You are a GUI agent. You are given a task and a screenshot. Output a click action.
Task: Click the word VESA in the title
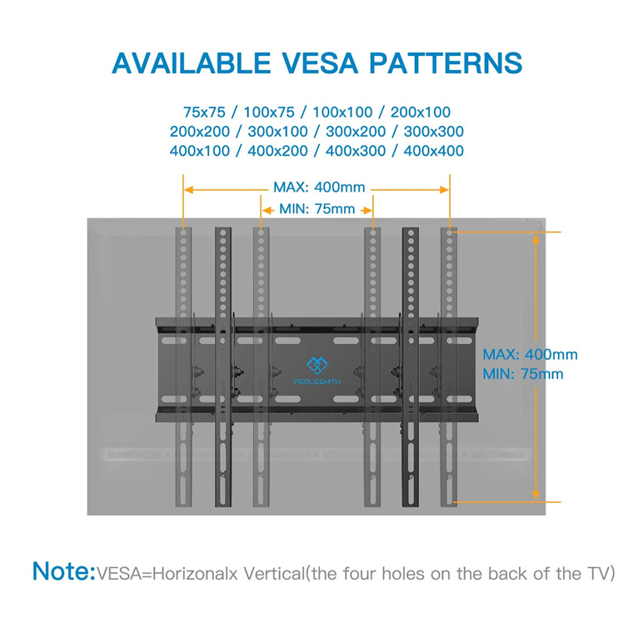[x=320, y=63]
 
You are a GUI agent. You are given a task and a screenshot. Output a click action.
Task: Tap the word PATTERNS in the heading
[x=446, y=63]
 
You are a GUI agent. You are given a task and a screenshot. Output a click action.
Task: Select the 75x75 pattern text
[x=204, y=112]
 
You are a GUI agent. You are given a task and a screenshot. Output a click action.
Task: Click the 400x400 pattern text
[x=434, y=151]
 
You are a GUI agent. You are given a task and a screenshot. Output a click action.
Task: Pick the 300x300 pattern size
[x=434, y=132]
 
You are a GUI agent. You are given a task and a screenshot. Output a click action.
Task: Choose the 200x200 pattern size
[x=200, y=132]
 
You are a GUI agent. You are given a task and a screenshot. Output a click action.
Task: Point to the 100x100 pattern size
[x=342, y=112]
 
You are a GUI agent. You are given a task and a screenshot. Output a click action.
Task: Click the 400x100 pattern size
[x=200, y=151]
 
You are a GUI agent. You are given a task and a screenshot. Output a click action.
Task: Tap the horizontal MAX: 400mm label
[x=319, y=187]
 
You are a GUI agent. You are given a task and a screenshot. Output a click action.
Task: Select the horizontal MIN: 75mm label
[x=317, y=209]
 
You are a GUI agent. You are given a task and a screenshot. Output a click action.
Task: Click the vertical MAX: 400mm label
[x=530, y=355]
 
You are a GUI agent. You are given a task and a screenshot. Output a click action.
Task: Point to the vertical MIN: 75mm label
[x=523, y=374]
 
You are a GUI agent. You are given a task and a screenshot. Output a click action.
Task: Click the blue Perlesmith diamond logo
[x=317, y=366]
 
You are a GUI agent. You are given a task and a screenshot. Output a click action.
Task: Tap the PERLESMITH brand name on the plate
[x=317, y=382]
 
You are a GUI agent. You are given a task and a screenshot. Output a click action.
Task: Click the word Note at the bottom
[x=64, y=571]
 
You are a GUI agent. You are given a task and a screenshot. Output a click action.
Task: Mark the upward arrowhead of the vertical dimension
[x=536, y=239]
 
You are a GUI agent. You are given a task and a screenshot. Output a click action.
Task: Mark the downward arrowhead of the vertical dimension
[x=536, y=495]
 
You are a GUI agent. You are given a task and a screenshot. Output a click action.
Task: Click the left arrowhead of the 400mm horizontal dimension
[x=188, y=190]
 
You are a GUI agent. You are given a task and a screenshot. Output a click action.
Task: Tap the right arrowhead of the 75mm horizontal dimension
[x=367, y=211]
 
